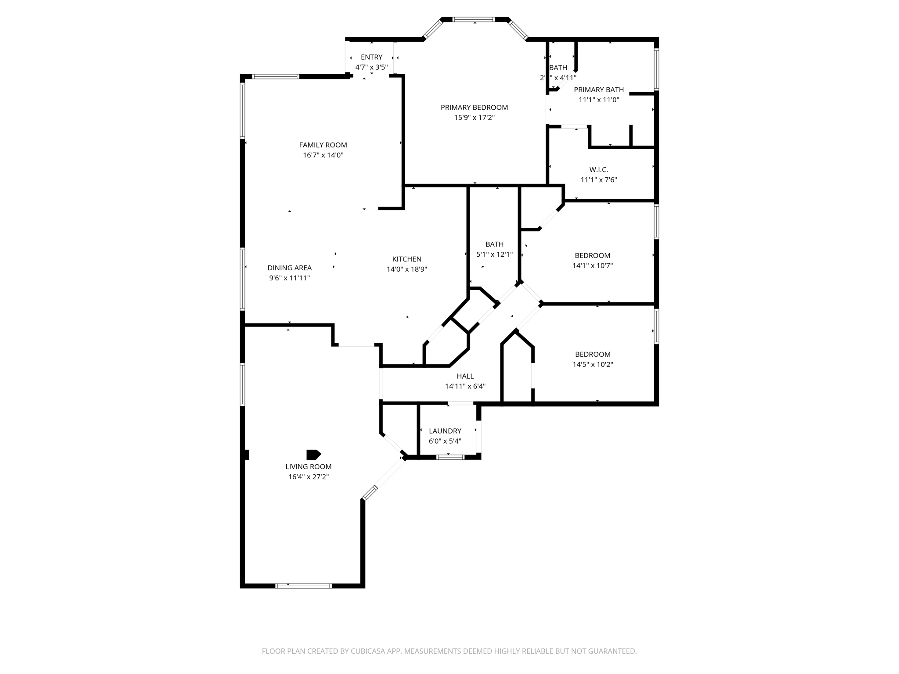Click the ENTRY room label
(x=371, y=57)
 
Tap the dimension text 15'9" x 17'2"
(x=474, y=118)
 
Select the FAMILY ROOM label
(x=323, y=145)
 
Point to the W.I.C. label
(x=599, y=169)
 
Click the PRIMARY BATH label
(x=599, y=90)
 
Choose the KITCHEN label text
(x=406, y=259)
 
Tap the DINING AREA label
(x=289, y=268)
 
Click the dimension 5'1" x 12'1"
(x=494, y=255)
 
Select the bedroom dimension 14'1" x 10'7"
(x=592, y=265)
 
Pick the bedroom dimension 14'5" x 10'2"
(x=592, y=364)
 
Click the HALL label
(x=465, y=376)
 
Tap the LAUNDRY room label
(x=445, y=431)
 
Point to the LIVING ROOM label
(x=308, y=467)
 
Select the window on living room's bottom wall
(x=303, y=585)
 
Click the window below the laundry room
(x=450, y=457)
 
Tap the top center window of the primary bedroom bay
(x=474, y=19)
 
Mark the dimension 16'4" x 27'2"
(x=308, y=477)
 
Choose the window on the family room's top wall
(x=276, y=76)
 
